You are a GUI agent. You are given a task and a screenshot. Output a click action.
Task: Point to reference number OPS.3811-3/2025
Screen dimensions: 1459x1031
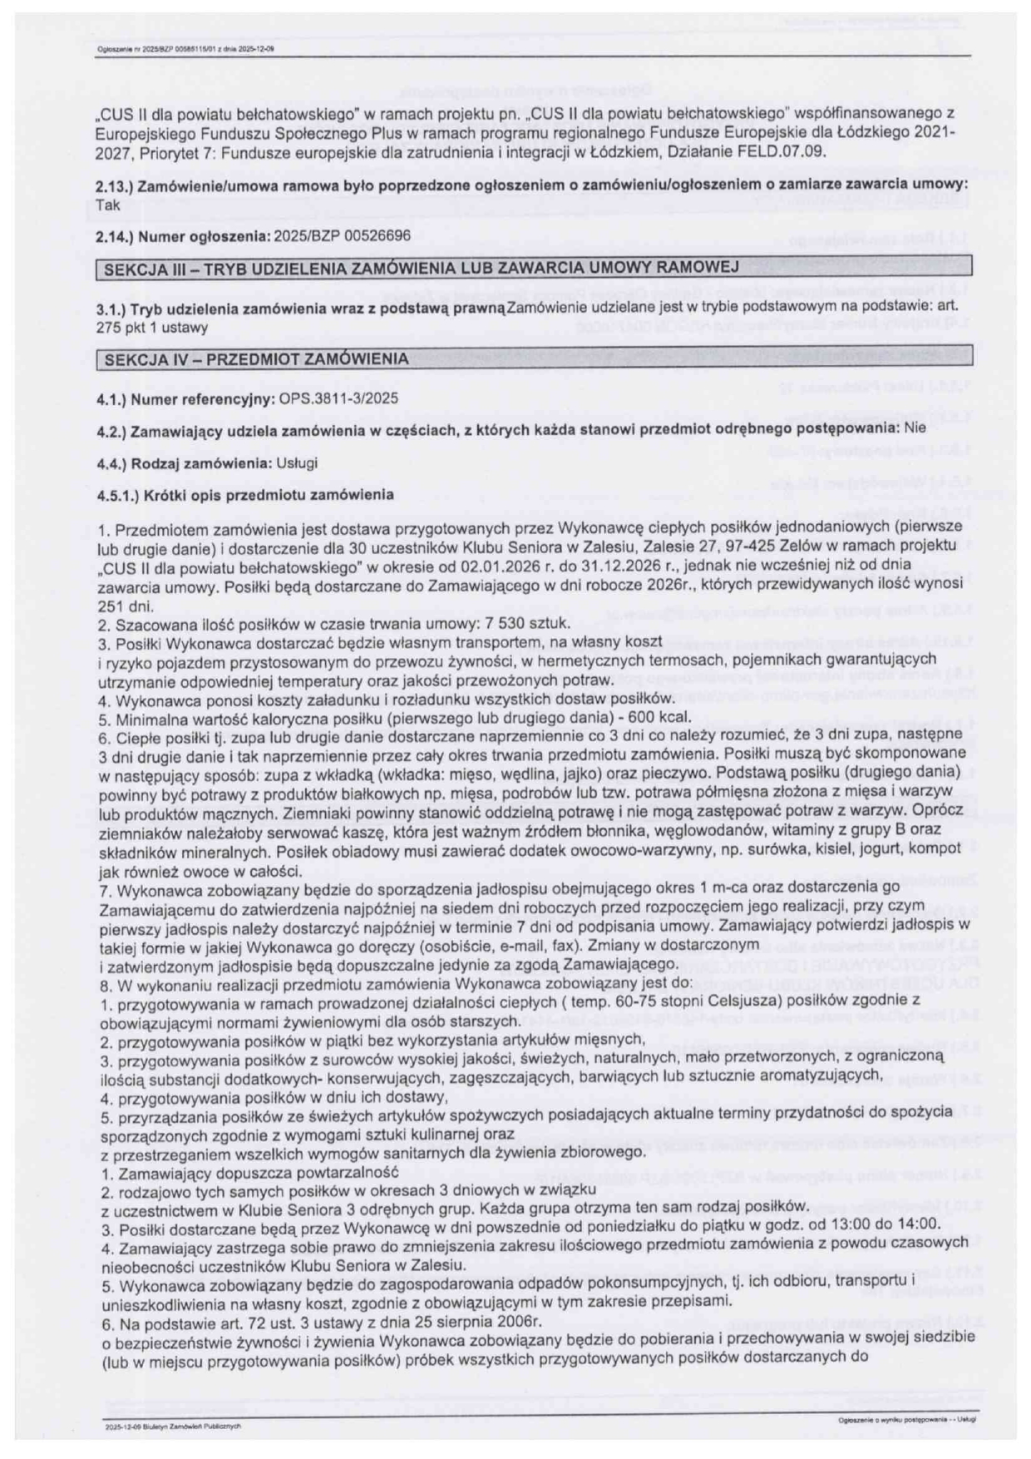click(338, 398)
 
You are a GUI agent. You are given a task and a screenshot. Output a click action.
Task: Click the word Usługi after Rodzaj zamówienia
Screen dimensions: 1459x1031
click(298, 462)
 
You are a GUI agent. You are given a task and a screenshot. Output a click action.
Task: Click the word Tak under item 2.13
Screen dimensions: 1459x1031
click(108, 205)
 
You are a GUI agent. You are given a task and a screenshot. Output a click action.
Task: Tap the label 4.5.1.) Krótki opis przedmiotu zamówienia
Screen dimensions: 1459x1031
click(245, 495)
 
